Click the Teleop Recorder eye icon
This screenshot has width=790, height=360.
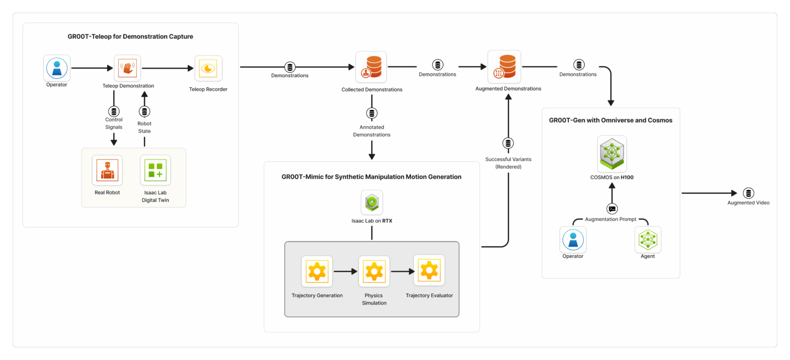pos(208,68)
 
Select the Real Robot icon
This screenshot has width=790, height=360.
pos(107,170)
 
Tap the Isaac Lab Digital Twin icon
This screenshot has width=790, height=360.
pos(155,170)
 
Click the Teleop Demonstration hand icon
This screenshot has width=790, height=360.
pos(127,68)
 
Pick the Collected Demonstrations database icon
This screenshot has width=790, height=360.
pos(371,67)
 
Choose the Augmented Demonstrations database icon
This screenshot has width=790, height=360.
pos(504,66)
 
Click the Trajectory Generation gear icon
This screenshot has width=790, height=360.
pos(317,272)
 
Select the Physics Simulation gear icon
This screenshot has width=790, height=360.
pos(374,272)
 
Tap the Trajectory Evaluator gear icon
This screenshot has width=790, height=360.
pos(429,271)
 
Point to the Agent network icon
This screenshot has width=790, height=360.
pos(648,240)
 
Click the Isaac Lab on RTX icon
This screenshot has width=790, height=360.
pos(371,203)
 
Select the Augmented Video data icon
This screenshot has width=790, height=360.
pos(748,193)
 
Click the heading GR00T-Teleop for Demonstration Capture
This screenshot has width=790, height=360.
pos(130,37)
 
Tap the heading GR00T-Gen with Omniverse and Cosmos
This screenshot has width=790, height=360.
pos(611,120)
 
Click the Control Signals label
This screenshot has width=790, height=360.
pos(114,123)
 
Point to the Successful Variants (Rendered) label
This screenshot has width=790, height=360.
pos(508,163)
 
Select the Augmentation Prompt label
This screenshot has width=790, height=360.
pos(611,220)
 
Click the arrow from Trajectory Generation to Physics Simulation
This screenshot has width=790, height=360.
pos(345,271)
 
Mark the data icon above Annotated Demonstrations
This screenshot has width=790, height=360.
pos(371,113)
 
